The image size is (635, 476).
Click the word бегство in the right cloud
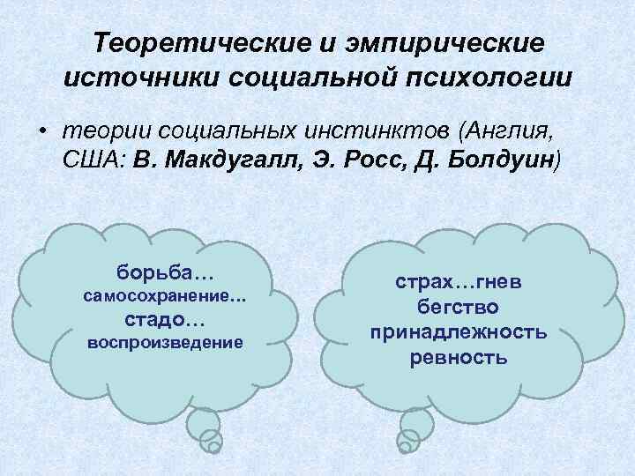click(x=459, y=307)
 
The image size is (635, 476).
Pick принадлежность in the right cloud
click(x=459, y=332)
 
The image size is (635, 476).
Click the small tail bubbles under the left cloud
click(x=208, y=432)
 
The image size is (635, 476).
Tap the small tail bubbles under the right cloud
click(x=411, y=432)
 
